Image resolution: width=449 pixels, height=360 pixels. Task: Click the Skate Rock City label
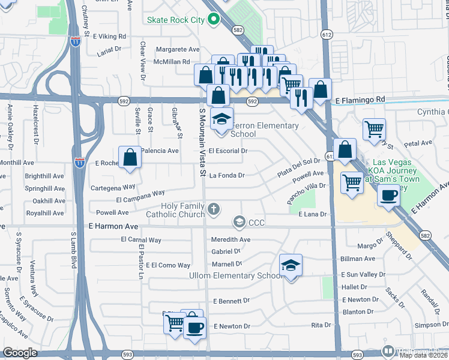click(176, 20)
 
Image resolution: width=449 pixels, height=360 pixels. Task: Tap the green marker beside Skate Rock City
click(213, 19)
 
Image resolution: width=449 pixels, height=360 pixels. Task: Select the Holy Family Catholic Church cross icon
click(214, 209)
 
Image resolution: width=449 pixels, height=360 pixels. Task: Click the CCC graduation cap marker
click(240, 223)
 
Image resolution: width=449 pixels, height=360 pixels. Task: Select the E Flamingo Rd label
click(359, 100)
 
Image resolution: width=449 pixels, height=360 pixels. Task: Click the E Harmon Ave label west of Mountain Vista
click(113, 227)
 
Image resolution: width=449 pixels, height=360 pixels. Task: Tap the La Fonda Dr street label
click(228, 176)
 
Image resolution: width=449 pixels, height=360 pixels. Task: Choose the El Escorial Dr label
click(228, 151)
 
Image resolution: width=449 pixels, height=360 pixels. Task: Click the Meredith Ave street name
click(231, 239)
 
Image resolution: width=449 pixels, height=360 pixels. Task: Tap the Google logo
click(20, 353)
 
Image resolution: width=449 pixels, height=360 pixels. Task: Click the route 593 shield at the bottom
click(357, 355)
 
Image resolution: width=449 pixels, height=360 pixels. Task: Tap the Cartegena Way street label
click(113, 188)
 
